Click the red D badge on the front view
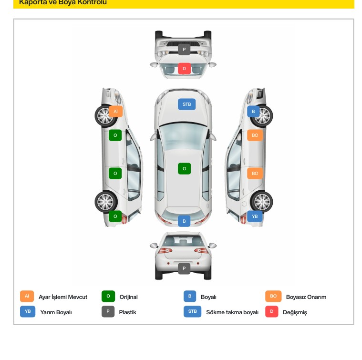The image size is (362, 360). (184, 69)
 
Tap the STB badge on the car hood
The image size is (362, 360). (186, 104)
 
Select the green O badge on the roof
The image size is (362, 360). (184, 168)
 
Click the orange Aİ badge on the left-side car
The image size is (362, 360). (115, 111)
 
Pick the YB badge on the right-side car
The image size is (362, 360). (255, 216)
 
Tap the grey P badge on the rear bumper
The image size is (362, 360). (184, 268)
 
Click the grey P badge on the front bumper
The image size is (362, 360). (184, 50)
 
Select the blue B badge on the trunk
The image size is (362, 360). (184, 221)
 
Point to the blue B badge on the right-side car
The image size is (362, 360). (253, 112)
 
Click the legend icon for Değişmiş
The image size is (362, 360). (271, 312)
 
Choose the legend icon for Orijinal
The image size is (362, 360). (108, 296)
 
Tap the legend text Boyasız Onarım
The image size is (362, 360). (306, 297)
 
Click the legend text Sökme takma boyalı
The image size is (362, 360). (232, 312)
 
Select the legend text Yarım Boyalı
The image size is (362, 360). (56, 312)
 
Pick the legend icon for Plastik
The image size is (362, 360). (108, 312)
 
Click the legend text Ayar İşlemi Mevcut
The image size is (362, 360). (63, 297)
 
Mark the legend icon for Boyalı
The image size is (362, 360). (190, 296)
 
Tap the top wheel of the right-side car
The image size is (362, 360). (262, 115)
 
